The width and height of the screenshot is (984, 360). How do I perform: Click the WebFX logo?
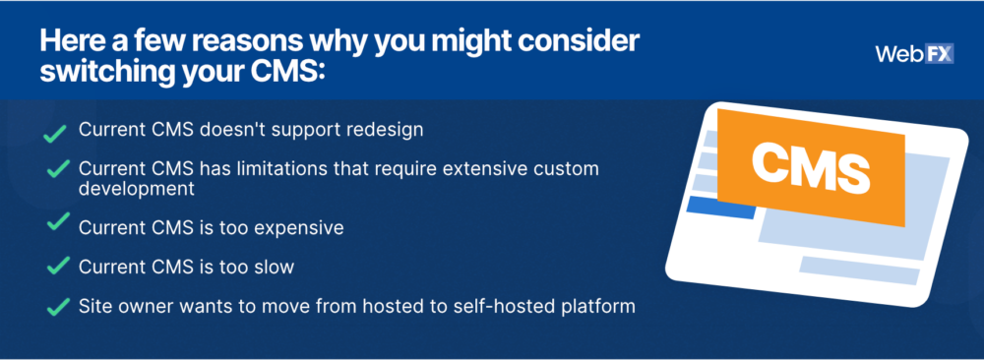pyautogui.click(x=914, y=54)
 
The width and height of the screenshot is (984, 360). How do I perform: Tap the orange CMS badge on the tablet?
pyautogui.click(x=811, y=167)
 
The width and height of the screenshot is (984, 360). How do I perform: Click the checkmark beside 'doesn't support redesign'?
pyautogui.click(x=55, y=133)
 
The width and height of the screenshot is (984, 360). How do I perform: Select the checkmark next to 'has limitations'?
pyautogui.click(x=58, y=169)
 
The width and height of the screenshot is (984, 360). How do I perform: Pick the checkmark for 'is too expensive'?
pyautogui.click(x=58, y=221)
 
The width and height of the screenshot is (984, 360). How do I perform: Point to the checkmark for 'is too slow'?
pyautogui.click(x=58, y=266)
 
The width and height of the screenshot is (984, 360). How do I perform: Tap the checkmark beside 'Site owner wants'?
pyautogui.click(x=58, y=307)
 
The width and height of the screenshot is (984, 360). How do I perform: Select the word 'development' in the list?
pyautogui.click(x=137, y=189)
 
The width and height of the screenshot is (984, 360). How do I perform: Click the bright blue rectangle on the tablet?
pyautogui.click(x=721, y=207)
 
